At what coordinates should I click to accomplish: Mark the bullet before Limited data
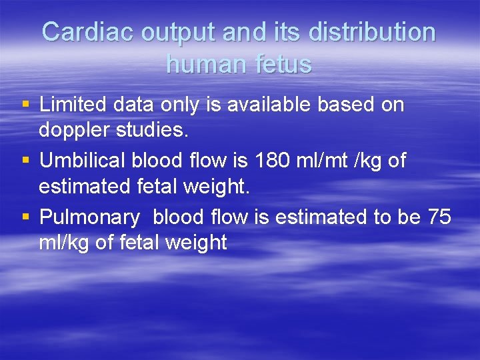[x=25, y=105]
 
